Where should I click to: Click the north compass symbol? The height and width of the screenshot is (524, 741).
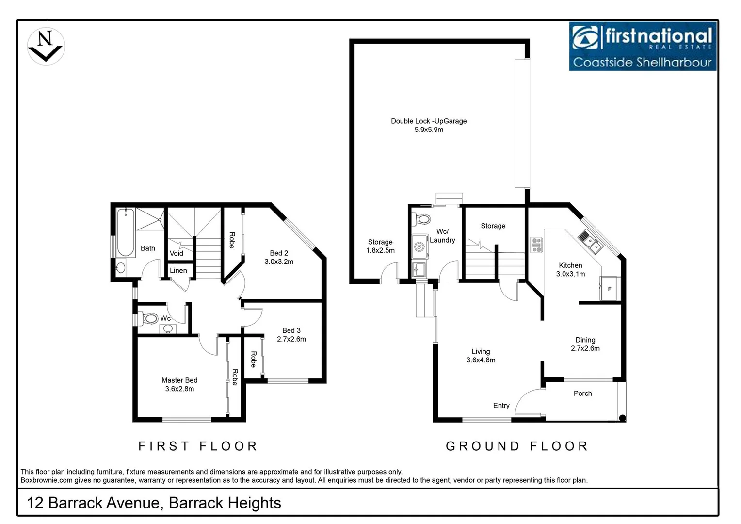pyautogui.click(x=46, y=47)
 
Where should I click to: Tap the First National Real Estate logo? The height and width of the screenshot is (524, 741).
pyautogui.click(x=642, y=47)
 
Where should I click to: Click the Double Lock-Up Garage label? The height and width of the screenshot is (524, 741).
pyautogui.click(x=429, y=121)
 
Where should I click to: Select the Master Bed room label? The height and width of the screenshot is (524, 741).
pyautogui.click(x=179, y=380)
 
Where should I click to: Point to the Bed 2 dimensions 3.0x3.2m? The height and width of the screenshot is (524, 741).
pyautogui.click(x=279, y=262)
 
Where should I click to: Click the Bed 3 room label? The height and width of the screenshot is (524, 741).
pyautogui.click(x=291, y=330)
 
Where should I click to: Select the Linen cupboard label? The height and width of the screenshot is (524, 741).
pyautogui.click(x=178, y=271)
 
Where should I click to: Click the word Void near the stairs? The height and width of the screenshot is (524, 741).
pyautogui.click(x=177, y=253)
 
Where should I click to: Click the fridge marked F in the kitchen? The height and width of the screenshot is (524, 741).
pyautogui.click(x=609, y=289)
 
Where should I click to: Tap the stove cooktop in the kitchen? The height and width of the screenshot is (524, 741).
pyautogui.click(x=536, y=245)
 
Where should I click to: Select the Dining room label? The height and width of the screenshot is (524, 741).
pyautogui.click(x=585, y=340)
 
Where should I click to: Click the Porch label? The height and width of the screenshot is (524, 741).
pyautogui.click(x=582, y=393)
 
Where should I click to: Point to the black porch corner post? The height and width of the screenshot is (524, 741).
pyautogui.click(x=622, y=418)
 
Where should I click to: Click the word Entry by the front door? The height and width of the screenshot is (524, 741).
pyautogui.click(x=501, y=406)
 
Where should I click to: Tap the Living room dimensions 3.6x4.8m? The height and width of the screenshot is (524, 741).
pyautogui.click(x=481, y=360)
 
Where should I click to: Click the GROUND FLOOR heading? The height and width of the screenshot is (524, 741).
pyautogui.click(x=516, y=446)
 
